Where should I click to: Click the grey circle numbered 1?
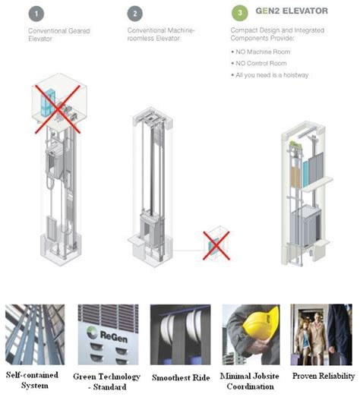coord(36,14)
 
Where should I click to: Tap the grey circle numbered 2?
coord(135,14)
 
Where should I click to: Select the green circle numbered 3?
coord(240,13)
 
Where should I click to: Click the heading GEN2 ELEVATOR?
coord(292,11)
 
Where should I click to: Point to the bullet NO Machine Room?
coord(261,52)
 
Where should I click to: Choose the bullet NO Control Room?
coord(259,63)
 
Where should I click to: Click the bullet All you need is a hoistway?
coord(270,75)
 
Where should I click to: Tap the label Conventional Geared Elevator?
coord(59,35)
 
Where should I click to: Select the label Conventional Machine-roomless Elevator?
coord(161,34)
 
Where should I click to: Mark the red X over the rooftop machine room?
coord(58,109)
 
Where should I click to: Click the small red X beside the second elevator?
coord(216,245)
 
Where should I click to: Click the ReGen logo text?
coord(113,337)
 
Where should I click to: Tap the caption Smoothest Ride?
coord(181,377)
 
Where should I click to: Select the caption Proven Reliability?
coord(324,376)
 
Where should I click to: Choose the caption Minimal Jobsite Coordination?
coord(250,381)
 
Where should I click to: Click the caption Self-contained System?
coord(33,380)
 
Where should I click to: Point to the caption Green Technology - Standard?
coord(106,382)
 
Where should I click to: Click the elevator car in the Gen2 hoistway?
coord(305,227)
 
